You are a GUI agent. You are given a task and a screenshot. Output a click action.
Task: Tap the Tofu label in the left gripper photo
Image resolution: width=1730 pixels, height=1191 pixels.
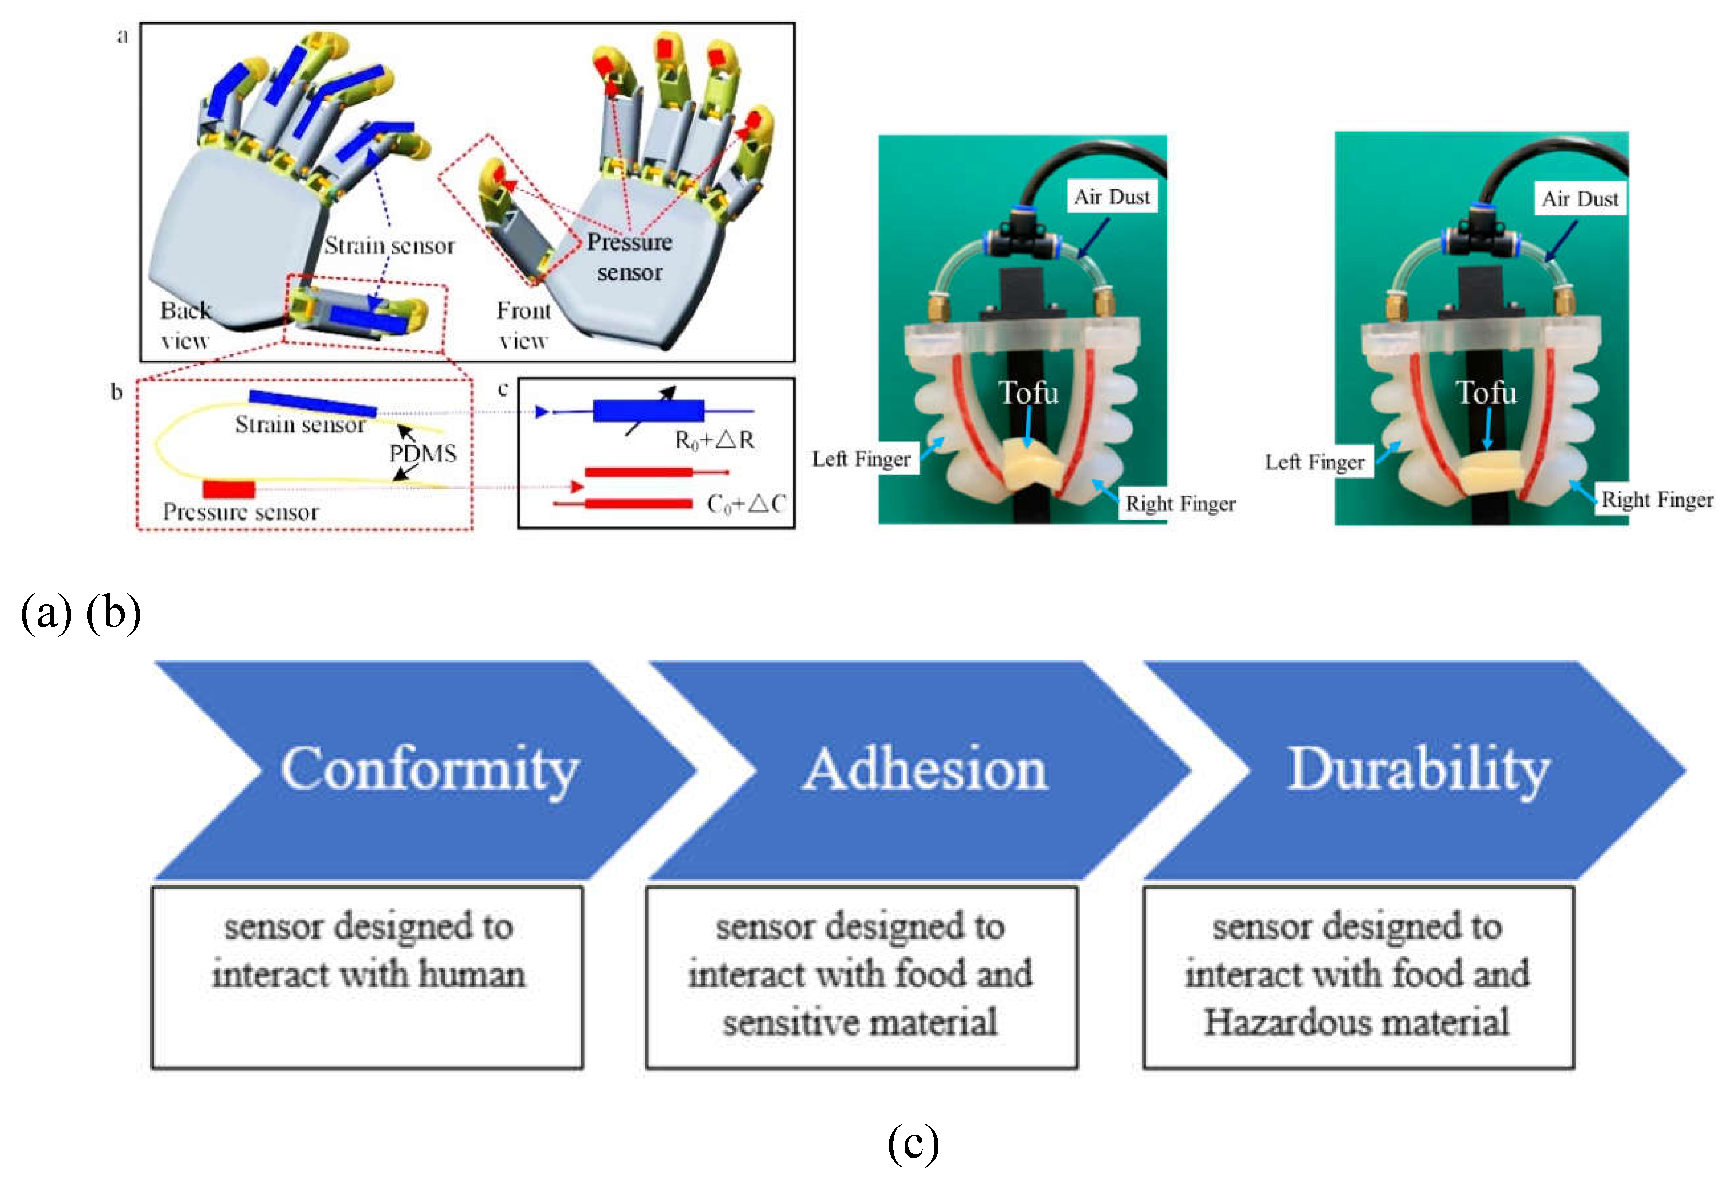click(1028, 393)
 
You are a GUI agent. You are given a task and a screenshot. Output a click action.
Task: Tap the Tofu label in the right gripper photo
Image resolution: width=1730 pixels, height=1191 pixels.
click(1487, 393)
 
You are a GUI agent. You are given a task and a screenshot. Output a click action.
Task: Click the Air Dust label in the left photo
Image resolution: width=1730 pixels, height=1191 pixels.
click(1111, 196)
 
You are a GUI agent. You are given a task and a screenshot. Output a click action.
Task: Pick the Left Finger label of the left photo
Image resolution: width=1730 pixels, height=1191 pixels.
click(861, 459)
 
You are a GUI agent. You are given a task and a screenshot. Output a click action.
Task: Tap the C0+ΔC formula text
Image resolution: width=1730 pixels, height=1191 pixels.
click(745, 505)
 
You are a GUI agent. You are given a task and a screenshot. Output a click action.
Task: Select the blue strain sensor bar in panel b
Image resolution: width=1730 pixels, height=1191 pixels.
click(313, 403)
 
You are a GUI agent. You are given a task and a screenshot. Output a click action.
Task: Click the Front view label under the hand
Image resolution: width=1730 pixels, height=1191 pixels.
click(523, 325)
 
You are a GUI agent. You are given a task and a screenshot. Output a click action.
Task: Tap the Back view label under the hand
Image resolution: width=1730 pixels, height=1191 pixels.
click(185, 325)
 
